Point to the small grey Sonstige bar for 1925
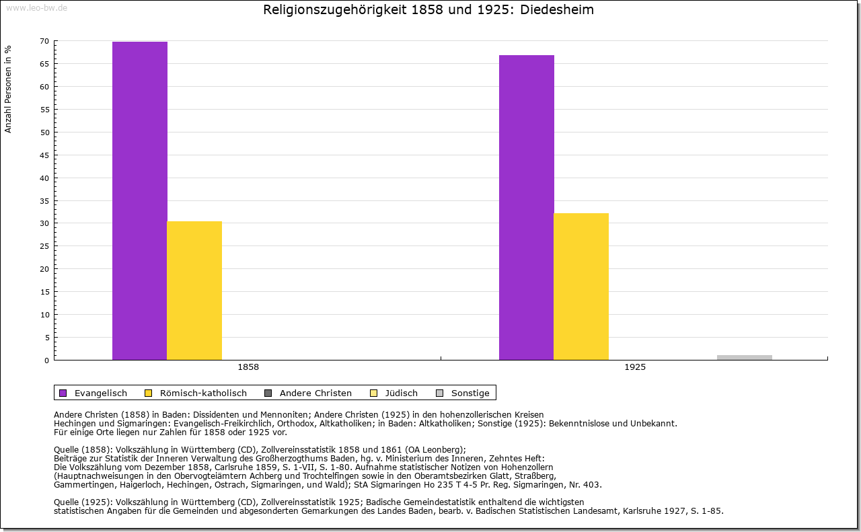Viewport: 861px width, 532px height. click(745, 357)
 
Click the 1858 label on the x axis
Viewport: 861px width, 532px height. click(248, 368)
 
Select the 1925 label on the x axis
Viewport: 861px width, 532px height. click(635, 368)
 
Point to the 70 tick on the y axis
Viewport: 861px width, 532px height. click(44, 41)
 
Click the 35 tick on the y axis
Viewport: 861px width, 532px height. click(44, 200)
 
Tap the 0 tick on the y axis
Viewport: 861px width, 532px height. click(46, 360)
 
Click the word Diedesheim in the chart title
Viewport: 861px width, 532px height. click(557, 10)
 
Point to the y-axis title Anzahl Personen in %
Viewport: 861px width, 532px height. click(8, 89)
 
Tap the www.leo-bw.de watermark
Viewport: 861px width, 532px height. click(36, 7)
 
